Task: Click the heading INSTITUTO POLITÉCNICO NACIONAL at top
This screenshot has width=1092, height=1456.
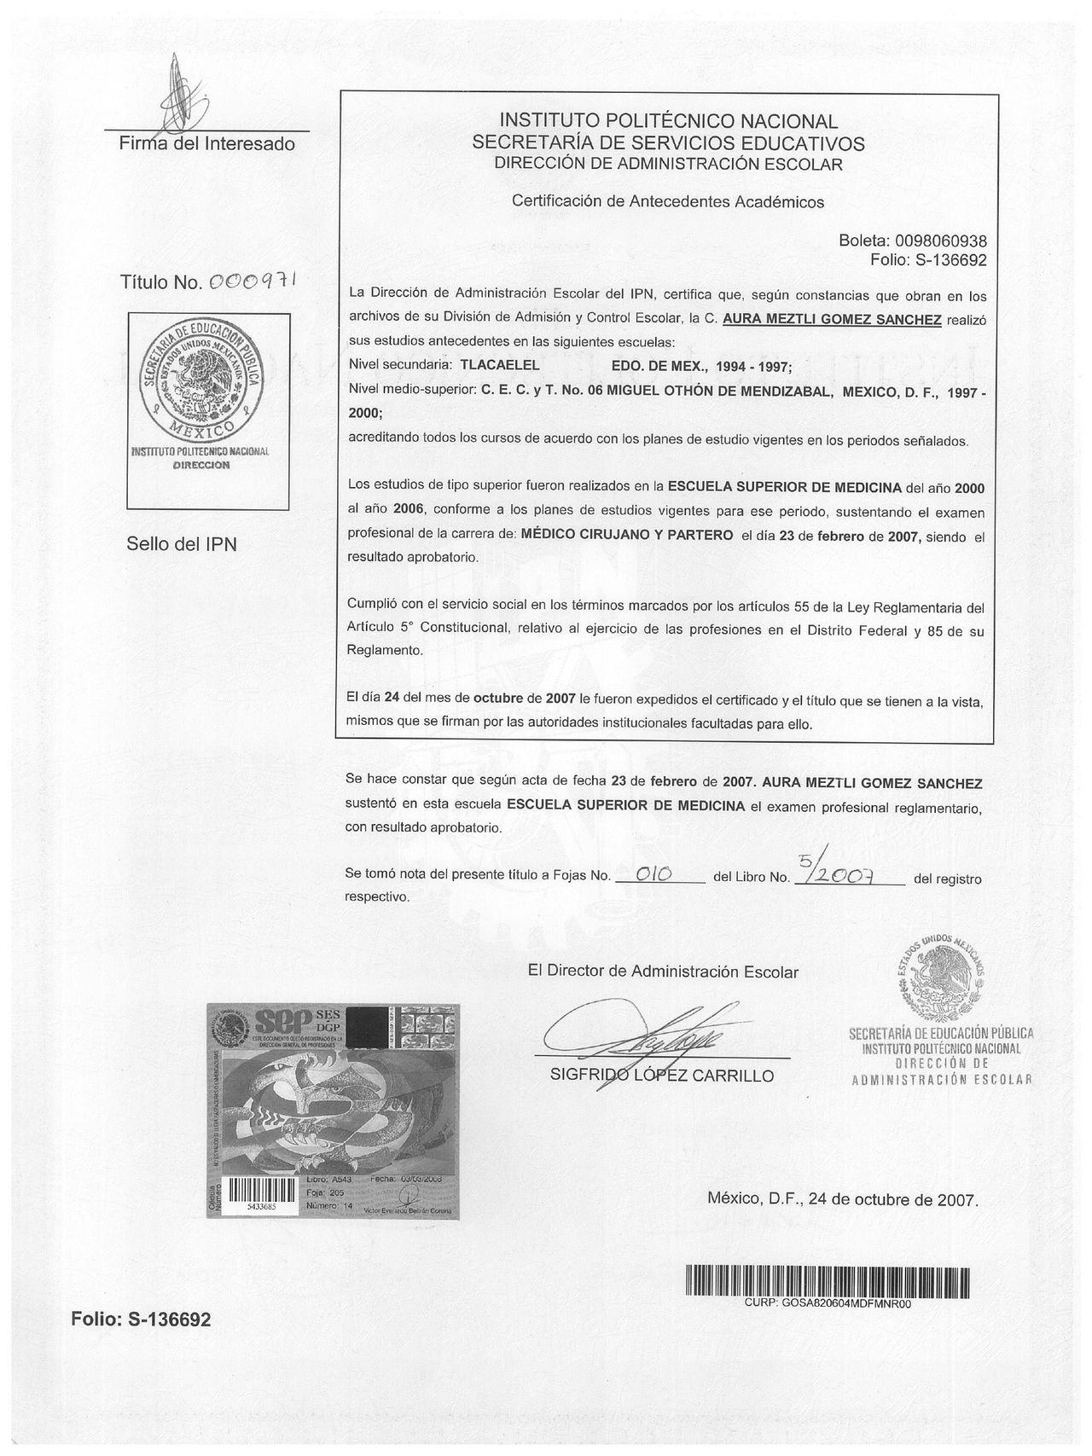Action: click(x=668, y=121)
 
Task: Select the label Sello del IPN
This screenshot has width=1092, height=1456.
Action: click(x=182, y=543)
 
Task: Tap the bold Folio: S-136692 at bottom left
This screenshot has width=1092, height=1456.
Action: click(x=140, y=1320)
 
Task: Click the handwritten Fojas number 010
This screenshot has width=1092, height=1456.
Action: click(x=657, y=873)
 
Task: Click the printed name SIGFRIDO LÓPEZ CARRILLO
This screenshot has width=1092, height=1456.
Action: click(x=663, y=1076)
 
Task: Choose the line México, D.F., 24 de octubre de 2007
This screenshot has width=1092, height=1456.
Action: click(x=842, y=1198)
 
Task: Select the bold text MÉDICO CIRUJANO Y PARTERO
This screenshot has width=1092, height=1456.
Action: click(x=627, y=536)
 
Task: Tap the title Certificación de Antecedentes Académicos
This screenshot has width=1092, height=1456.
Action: click(x=668, y=202)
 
